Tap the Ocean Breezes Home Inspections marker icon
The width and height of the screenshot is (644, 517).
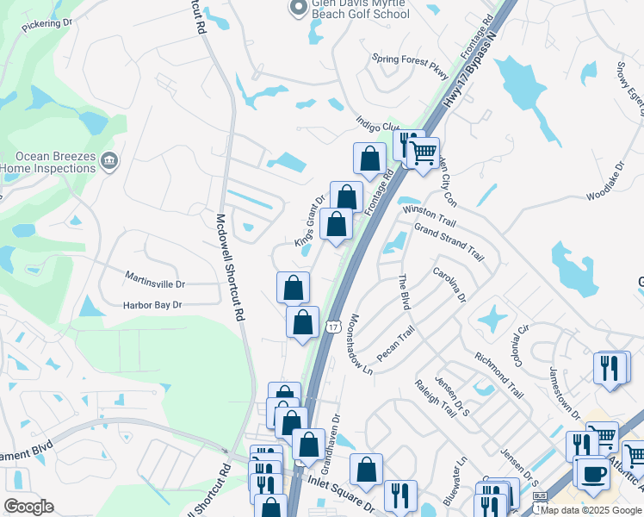click(109, 160)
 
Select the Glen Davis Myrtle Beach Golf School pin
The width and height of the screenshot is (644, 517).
click(298, 8)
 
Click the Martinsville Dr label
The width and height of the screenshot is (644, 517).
click(155, 283)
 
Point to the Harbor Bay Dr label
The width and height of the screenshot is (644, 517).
click(152, 304)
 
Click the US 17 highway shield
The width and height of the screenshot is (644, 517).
click(332, 326)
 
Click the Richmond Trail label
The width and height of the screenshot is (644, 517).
click(498, 373)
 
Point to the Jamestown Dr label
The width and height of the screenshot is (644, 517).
click(566, 395)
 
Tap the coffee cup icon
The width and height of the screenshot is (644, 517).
click(591, 472)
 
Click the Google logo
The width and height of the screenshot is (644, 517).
click(28, 507)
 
